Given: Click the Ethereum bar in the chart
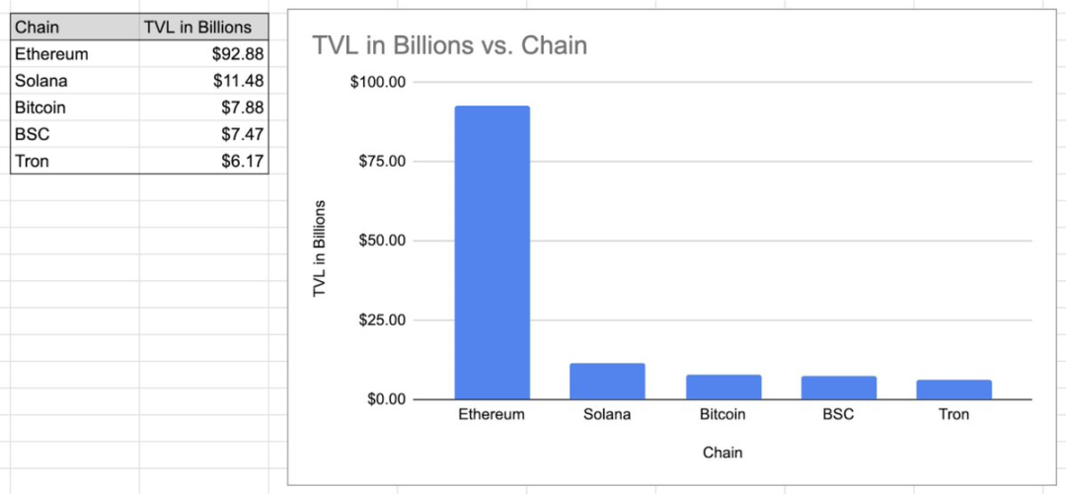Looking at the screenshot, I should coord(492,251).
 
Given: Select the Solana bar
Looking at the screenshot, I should coord(607,382).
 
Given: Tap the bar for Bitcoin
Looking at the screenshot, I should coord(723,387).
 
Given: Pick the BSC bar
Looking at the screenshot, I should coord(838,388).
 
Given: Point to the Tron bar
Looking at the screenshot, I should coord(953,389).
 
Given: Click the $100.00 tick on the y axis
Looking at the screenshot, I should coord(379,82).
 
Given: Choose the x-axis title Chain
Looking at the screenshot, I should coord(723,453).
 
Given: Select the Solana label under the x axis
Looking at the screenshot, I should coord(607,415).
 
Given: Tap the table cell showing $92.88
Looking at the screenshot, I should coord(237,54).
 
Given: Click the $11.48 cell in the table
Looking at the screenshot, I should coord(237,81).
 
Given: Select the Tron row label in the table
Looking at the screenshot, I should coord(32,161).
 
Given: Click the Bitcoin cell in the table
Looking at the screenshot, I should coord(39,107).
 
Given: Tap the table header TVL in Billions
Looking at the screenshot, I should coord(197,28).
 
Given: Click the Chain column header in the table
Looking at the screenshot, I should coord(38,28).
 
